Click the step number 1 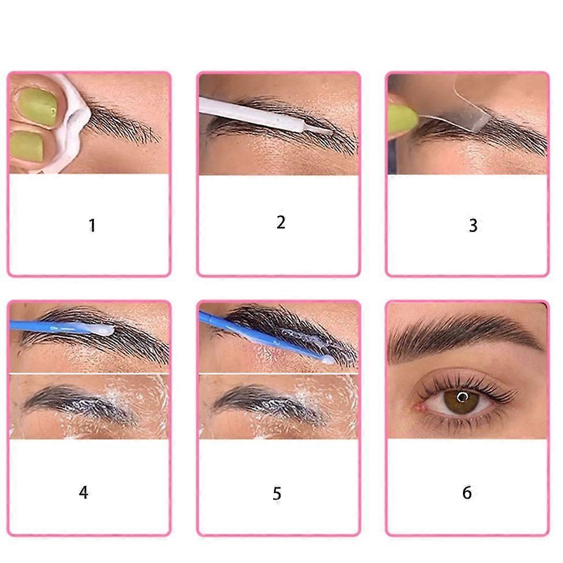click(x=92, y=225)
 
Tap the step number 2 click(x=281, y=222)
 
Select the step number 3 click(x=473, y=225)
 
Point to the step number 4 click(x=84, y=492)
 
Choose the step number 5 click(x=277, y=493)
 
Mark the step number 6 click(x=467, y=492)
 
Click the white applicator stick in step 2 click(x=265, y=115)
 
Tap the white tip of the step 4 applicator click(x=106, y=330)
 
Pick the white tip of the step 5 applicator click(x=327, y=360)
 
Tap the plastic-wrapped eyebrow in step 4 click(x=79, y=405)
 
